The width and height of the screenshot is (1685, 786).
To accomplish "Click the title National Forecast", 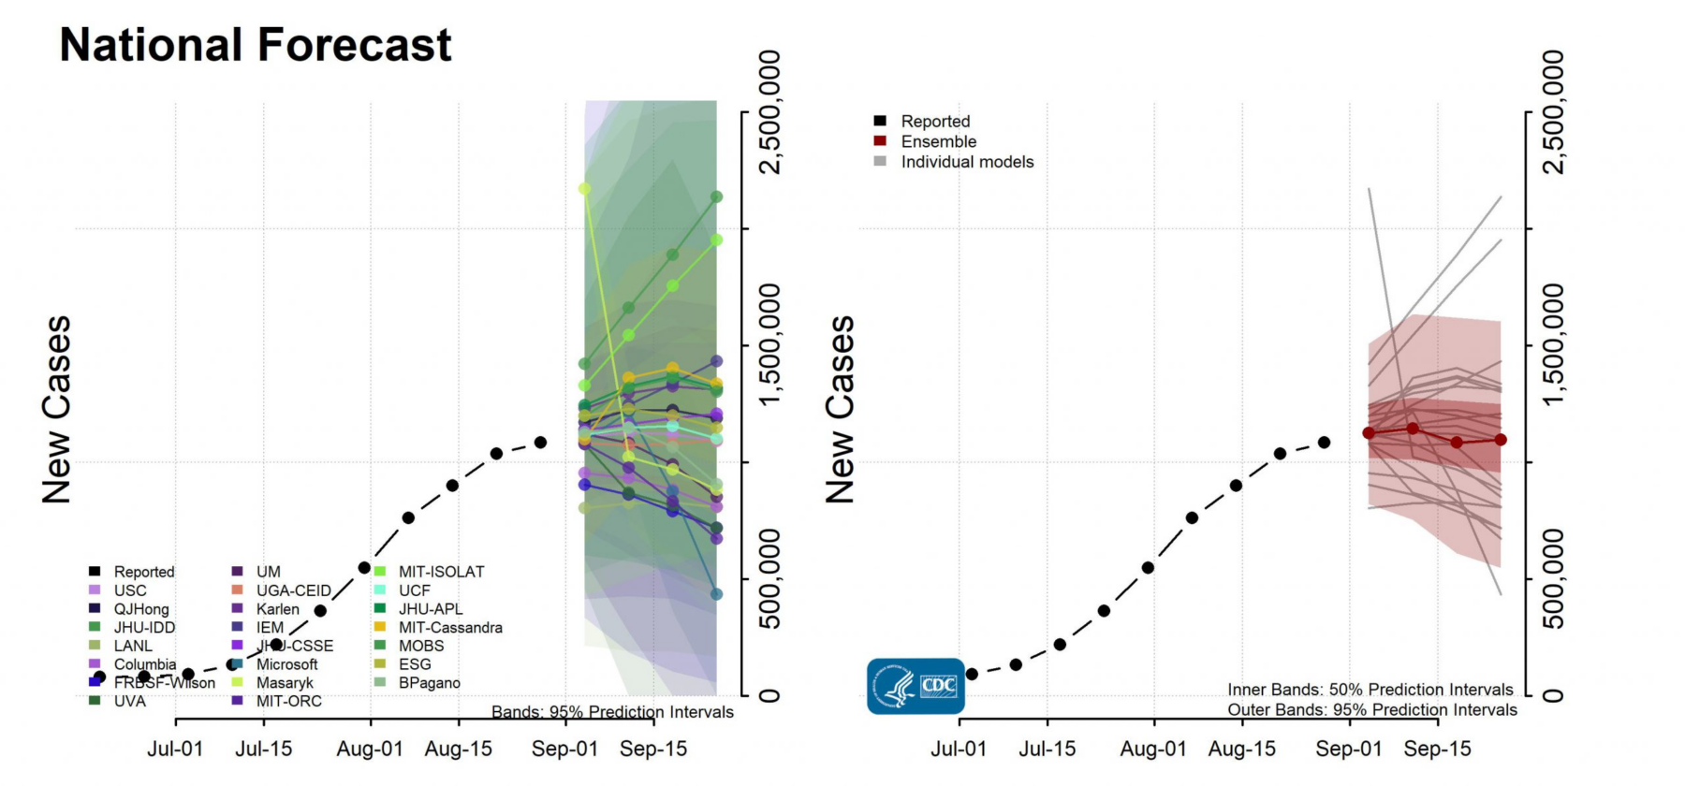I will tap(255, 45).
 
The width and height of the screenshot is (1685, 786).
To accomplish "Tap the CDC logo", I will tap(915, 686).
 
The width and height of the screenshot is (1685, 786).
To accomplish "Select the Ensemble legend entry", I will tap(938, 141).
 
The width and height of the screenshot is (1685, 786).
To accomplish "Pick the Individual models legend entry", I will tap(967, 162).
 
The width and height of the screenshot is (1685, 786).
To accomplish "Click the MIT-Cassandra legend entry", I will tap(450, 628).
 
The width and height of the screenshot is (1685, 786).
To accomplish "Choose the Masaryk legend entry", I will tap(285, 683).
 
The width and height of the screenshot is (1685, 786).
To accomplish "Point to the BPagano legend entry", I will tap(429, 683).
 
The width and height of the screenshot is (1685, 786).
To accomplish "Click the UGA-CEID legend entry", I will tap(293, 590).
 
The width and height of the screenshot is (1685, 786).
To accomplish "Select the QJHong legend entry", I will tap(141, 609).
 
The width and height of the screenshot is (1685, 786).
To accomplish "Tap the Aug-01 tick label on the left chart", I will tap(370, 749).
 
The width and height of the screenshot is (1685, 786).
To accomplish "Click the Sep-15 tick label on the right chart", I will tap(1437, 749).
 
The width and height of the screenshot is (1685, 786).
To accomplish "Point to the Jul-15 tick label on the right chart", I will tap(1047, 749).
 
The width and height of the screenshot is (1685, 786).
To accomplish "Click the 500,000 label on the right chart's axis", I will tap(1552, 579).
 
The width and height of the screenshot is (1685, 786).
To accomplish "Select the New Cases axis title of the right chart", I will tap(840, 409).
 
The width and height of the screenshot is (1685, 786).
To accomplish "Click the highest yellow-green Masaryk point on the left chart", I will tap(585, 188).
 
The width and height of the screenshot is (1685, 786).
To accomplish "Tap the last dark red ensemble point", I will tap(1501, 439).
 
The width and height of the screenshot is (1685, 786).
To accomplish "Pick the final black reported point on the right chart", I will tap(1324, 442).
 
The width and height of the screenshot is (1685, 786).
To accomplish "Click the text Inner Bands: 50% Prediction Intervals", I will tap(1370, 690).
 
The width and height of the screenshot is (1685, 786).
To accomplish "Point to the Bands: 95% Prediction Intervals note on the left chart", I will tap(612, 712).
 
